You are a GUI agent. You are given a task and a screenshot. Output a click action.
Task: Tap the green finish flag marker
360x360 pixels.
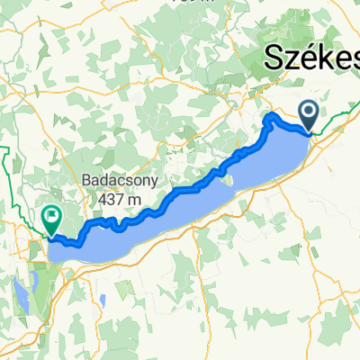pos(50,219)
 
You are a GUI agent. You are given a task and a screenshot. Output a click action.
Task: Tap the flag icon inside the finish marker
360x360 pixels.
pos(50,215)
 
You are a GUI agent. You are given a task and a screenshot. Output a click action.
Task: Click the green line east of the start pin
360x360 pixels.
pos(337,122)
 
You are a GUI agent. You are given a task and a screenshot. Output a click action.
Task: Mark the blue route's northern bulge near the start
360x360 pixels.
pos(272,117)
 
